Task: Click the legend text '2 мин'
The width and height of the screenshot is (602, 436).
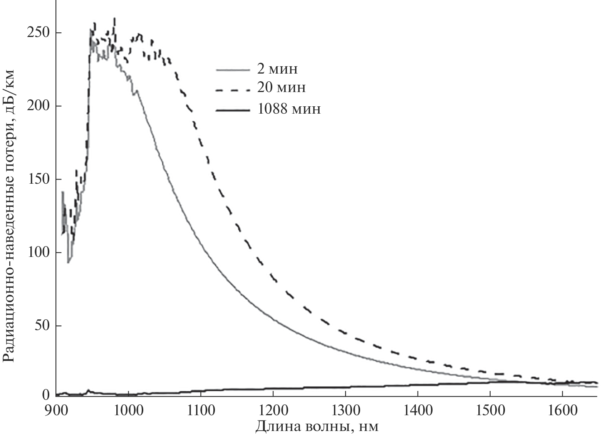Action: tap(277, 69)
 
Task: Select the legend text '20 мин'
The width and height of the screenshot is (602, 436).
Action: tap(282, 88)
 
